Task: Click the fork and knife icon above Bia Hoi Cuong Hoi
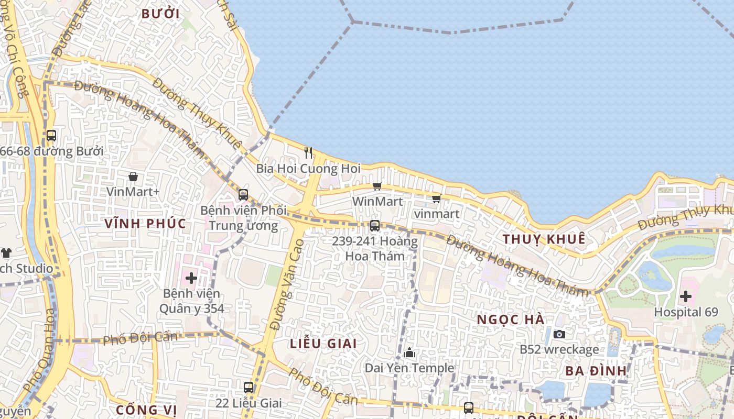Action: [x=308, y=153]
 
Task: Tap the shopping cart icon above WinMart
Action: [x=377, y=186]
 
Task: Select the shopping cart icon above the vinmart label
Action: [x=436, y=199]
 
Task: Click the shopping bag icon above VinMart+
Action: [x=133, y=177]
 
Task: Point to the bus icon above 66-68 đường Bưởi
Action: [x=51, y=136]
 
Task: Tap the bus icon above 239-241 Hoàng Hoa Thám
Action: [x=374, y=226]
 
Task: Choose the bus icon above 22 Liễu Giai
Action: [x=249, y=388]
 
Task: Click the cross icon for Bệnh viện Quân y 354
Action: [x=191, y=278]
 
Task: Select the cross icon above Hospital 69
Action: [x=685, y=297]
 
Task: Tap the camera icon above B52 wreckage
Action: [x=559, y=334]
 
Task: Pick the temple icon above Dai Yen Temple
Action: [x=410, y=353]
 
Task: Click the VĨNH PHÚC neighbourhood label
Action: [x=145, y=224]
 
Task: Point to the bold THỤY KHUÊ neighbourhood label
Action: [x=544, y=239]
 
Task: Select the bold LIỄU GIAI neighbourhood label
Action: [x=323, y=344]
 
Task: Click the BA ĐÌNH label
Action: [x=596, y=371]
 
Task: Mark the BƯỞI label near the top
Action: [x=160, y=14]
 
